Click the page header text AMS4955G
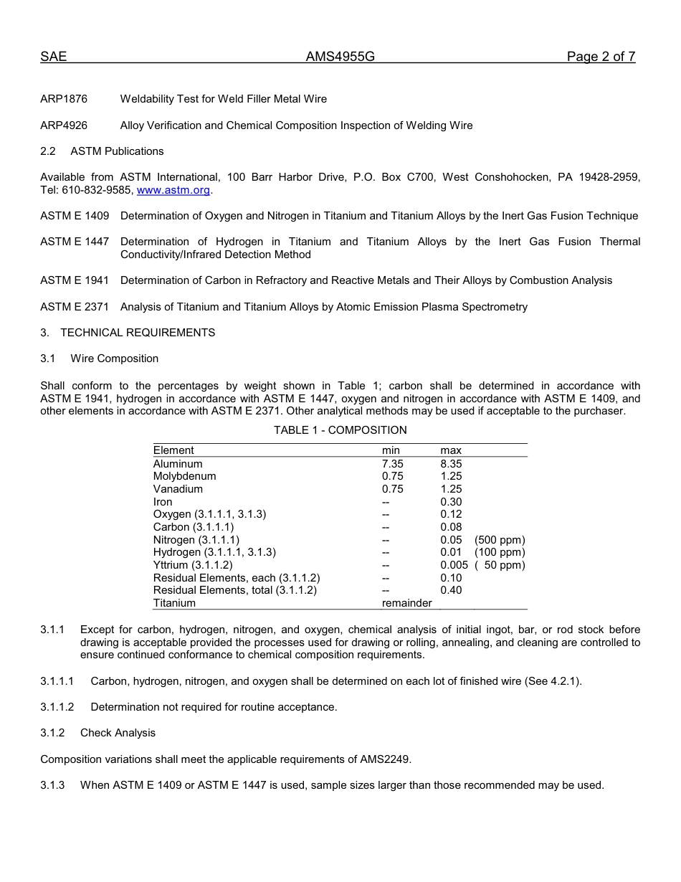point(340,57)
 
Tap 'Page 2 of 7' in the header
point(601,57)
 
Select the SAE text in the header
point(53,57)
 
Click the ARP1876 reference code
point(64,99)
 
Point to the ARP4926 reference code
point(64,125)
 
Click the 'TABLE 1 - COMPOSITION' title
point(340,430)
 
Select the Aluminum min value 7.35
point(392,464)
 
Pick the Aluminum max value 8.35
point(451,464)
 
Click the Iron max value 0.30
point(451,502)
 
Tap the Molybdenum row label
point(184,476)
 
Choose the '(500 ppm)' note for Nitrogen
point(500,540)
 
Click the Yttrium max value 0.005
point(454,565)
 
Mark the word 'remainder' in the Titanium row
point(406,603)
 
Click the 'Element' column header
point(173,450)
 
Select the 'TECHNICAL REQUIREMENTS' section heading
point(138,333)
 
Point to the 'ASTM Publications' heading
point(117,151)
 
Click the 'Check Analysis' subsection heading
point(118,733)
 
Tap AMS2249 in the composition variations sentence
point(386,759)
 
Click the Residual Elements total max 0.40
point(451,590)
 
